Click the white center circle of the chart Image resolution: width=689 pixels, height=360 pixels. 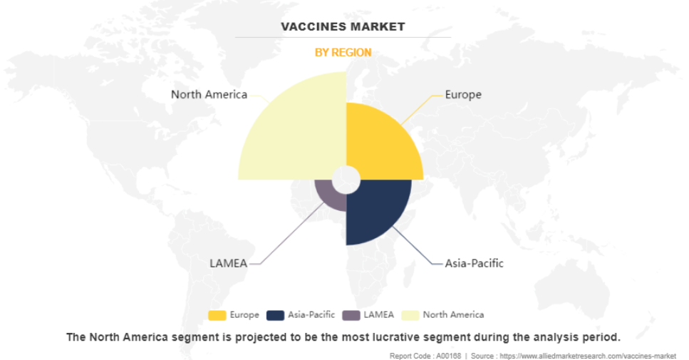point(346,180)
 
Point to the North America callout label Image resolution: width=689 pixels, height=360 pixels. point(209,95)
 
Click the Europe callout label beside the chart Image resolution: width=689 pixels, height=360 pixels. point(463,95)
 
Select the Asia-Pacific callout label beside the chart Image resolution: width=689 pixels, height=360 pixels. point(474,263)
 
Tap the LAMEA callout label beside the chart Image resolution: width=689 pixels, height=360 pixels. point(229,263)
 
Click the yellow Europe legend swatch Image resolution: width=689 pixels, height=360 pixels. point(217,315)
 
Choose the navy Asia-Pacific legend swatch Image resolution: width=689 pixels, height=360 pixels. point(276,315)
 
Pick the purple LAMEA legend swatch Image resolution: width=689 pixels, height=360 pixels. point(351,315)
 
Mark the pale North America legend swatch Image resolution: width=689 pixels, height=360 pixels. point(410,315)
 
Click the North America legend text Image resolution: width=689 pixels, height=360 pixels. point(453,314)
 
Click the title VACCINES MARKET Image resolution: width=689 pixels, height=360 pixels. point(343,27)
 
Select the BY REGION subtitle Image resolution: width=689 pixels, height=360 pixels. point(343,52)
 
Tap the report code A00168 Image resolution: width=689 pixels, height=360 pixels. point(449,356)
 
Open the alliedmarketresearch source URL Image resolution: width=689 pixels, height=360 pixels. point(588,356)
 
